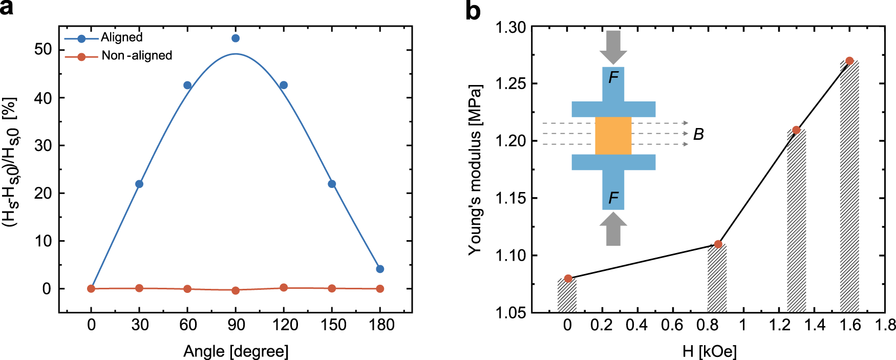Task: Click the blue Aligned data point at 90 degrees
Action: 236,38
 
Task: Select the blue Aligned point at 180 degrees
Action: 380,269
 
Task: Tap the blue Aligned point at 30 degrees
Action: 139,184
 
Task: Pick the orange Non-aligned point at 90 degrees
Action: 236,290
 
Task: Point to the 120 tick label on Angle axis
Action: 285,325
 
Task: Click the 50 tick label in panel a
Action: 44,50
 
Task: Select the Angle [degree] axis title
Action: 236,351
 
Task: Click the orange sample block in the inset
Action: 613,136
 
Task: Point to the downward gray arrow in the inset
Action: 613,46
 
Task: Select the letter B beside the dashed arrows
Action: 698,134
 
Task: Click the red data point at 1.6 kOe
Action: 849,61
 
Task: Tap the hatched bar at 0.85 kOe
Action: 717,279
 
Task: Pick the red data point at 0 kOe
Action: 568,279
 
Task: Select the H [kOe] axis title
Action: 709,351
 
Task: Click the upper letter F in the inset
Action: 613,77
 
